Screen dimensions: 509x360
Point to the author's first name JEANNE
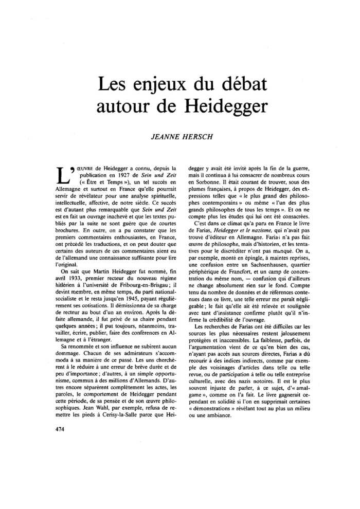coord(164,138)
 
